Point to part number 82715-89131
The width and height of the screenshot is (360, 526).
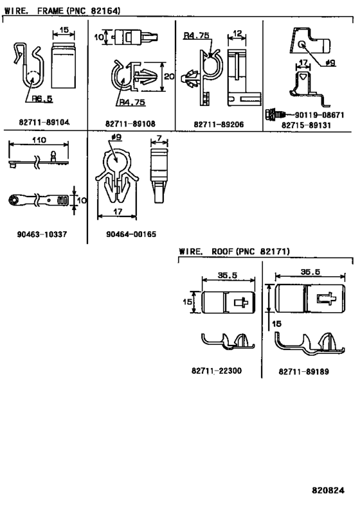click(307, 125)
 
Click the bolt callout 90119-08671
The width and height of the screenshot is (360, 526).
click(321, 114)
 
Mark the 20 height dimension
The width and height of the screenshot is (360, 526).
click(169, 76)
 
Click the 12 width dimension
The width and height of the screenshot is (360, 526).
click(237, 32)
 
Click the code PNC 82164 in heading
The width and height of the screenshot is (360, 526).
click(96, 11)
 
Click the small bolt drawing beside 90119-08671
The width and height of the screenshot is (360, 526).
click(270, 114)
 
